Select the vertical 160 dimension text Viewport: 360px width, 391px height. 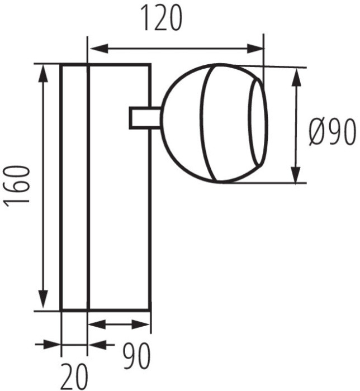18,187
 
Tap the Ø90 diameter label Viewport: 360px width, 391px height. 332,133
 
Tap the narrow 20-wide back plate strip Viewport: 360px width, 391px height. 74,187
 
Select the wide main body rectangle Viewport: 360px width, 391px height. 119,212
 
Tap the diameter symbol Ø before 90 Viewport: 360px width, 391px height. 314,133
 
